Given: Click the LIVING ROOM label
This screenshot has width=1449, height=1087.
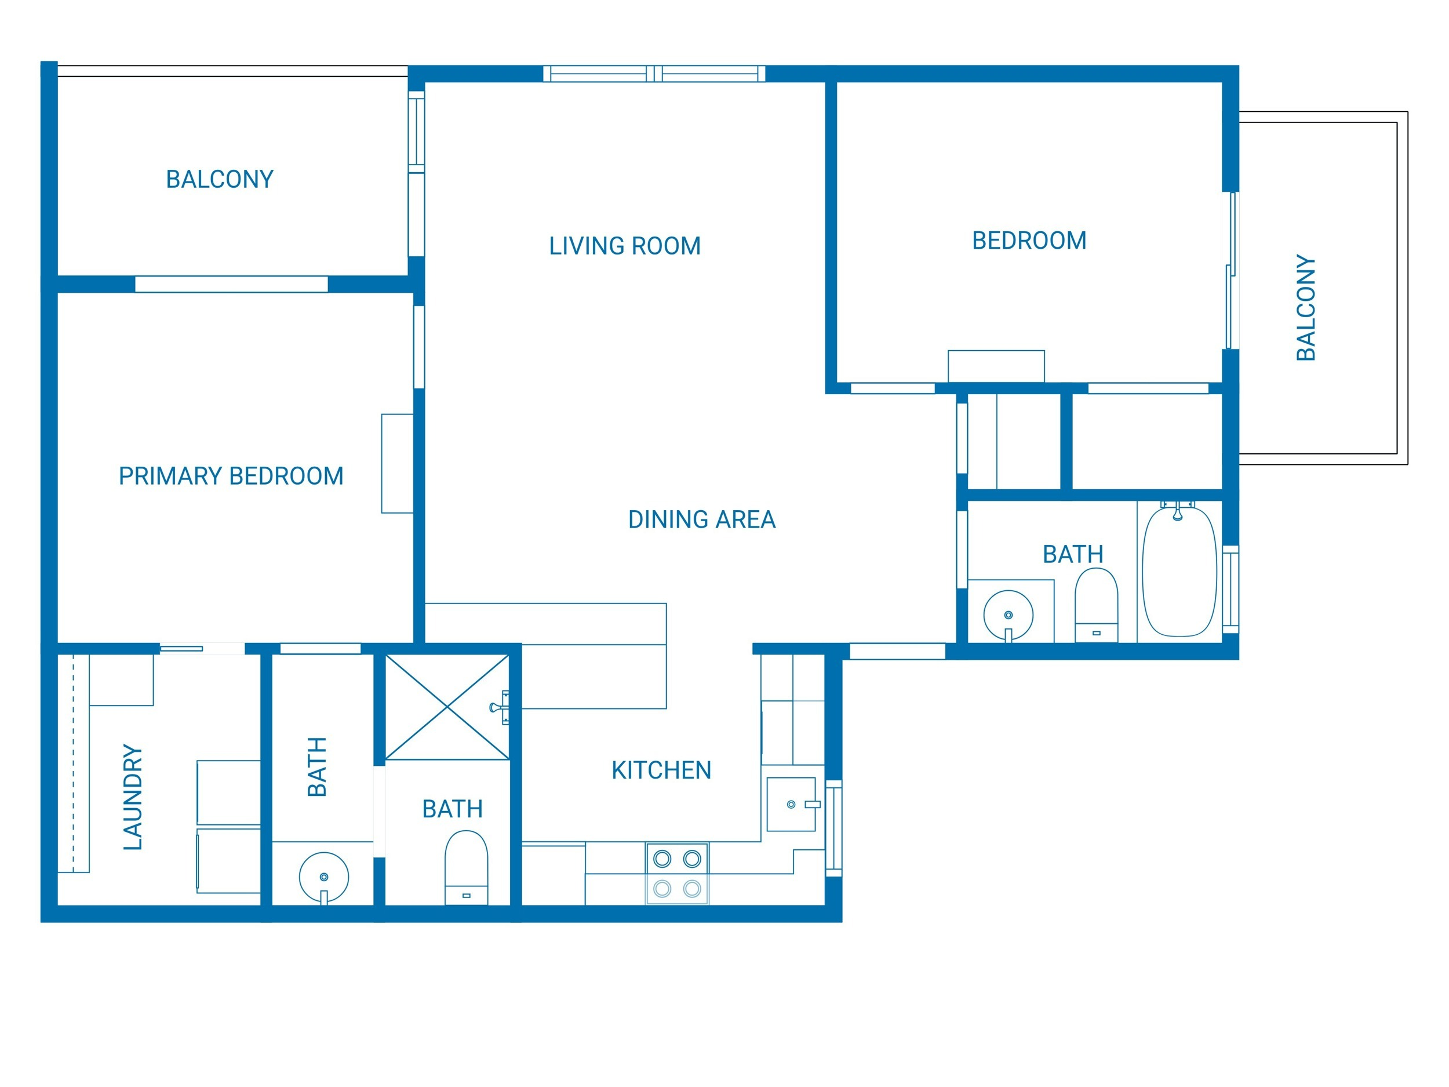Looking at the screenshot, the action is pos(624,246).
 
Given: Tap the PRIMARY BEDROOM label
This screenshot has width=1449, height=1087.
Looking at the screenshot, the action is pos(231,476).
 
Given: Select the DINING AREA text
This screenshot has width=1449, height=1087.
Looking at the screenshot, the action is pos(701,519).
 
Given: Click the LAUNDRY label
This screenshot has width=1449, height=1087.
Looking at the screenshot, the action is pos(133,797).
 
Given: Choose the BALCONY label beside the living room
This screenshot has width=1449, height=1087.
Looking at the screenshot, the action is pos(220,179).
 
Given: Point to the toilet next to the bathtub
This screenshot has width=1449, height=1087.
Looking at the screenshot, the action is pos(1097,605).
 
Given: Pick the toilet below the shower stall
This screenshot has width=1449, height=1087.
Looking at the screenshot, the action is pos(467,867).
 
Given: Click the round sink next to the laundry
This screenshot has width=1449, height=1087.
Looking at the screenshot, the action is pos(323,877).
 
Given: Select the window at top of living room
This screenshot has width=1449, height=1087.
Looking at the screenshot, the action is pos(654,74).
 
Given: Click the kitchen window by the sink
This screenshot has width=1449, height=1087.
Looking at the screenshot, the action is pos(834,827).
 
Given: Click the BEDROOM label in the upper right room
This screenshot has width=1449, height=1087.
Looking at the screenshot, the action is pos(1029,241).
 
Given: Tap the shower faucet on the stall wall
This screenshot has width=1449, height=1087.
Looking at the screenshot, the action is pos(499,707).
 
